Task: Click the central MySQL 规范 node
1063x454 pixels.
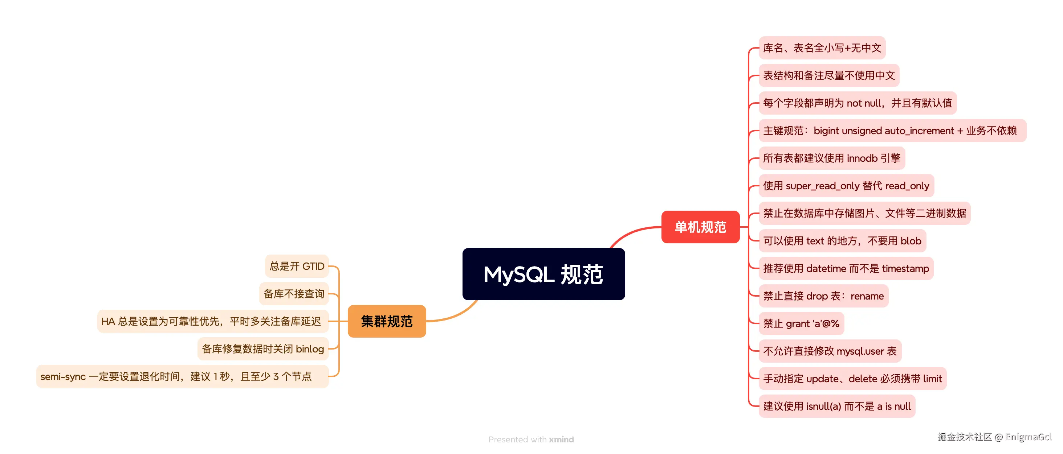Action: (543, 274)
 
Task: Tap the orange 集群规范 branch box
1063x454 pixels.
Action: (386, 321)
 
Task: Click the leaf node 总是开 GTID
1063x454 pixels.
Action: (297, 266)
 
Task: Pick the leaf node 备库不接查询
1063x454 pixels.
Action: (294, 294)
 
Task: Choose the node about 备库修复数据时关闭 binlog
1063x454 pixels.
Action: (263, 349)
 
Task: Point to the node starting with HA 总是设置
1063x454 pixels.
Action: (212, 321)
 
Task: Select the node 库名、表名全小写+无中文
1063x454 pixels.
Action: (822, 48)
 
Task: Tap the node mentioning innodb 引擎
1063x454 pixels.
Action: (831, 158)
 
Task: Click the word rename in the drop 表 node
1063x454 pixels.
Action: (867, 296)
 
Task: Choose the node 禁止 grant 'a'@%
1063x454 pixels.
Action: (801, 324)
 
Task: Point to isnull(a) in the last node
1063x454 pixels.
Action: (823, 406)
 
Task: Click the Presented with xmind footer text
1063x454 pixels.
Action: (531, 439)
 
